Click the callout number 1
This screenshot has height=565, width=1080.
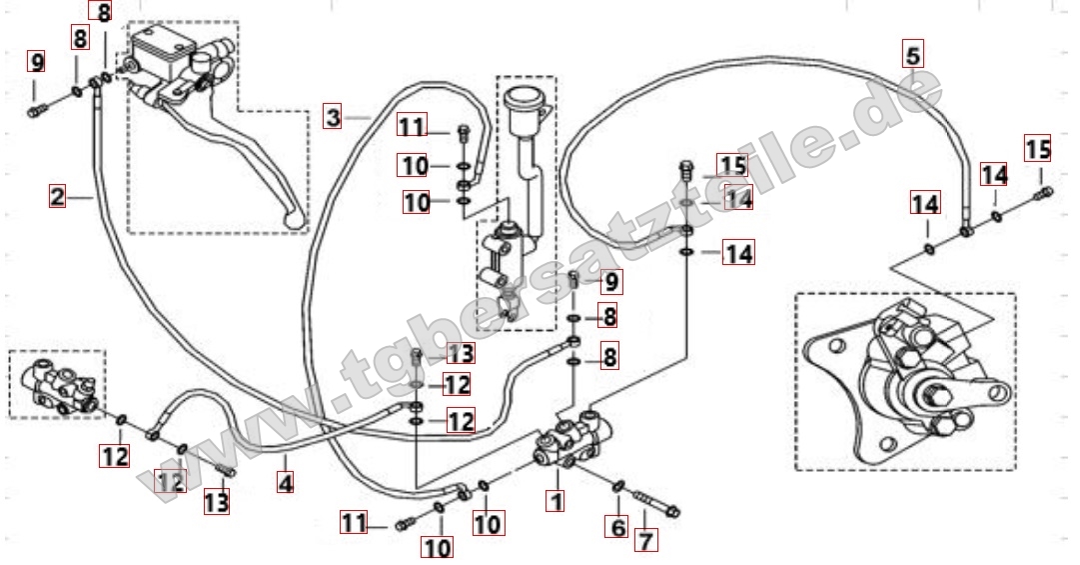pos(555,500)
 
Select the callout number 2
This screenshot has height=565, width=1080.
pos(57,196)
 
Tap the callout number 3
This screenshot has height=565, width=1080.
pos(334,117)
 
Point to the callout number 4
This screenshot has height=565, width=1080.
pos(285,482)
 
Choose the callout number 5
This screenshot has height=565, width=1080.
pos(912,54)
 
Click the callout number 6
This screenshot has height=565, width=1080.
pos(618,528)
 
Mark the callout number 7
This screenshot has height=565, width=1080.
pos(645,540)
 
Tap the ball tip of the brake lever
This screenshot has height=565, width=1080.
pos(294,220)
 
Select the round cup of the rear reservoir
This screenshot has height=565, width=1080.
pos(523,99)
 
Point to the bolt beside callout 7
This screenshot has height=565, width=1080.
pos(653,504)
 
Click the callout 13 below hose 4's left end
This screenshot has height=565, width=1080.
pos(216,501)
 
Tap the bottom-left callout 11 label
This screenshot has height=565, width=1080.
pos(354,523)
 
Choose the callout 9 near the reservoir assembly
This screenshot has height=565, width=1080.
pos(611,281)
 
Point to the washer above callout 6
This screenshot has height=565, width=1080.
pos(617,487)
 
